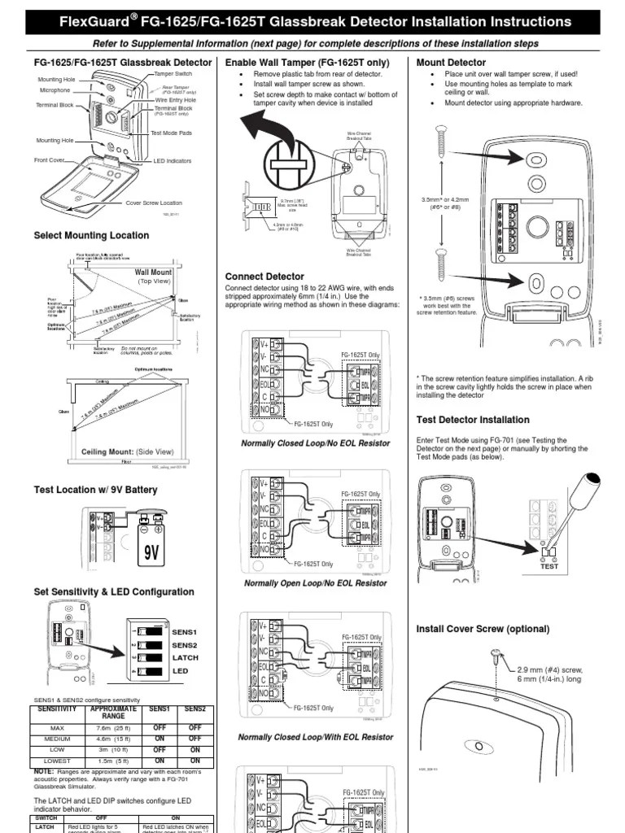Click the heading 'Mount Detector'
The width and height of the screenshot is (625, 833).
pos(451,63)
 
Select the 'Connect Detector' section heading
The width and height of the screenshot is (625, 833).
pos(264,277)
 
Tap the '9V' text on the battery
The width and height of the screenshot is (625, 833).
pos(151,553)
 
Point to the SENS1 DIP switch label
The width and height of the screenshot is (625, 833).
pos(185,631)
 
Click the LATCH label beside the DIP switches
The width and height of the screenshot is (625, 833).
pos(186,658)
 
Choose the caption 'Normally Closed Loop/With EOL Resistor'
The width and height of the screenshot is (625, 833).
pos(315,737)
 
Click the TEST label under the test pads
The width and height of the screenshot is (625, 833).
pos(549,566)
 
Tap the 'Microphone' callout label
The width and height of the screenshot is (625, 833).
pos(55,91)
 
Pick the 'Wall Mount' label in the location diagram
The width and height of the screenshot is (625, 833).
pos(153,273)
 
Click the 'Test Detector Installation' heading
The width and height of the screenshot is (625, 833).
pos(472,420)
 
